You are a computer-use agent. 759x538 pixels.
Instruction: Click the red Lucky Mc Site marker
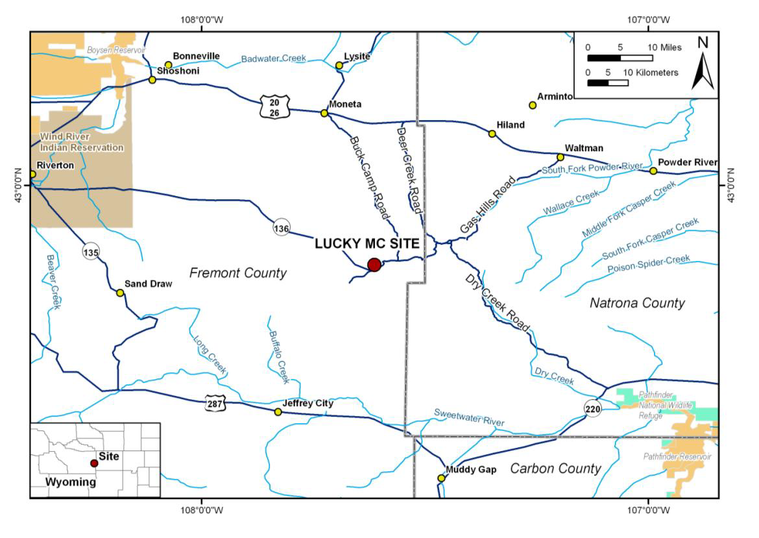click(374, 264)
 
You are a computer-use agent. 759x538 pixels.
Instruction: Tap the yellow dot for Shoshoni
click(152, 80)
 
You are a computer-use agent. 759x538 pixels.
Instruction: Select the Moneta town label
click(345, 104)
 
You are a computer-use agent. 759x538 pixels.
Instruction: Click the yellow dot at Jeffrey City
click(278, 412)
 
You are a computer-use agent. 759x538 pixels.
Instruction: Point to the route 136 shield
click(281, 228)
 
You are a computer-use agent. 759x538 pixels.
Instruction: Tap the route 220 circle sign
click(592, 408)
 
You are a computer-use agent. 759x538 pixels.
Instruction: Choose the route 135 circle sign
click(91, 251)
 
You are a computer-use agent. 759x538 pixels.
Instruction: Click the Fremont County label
click(237, 273)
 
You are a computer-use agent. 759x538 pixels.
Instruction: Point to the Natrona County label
click(637, 303)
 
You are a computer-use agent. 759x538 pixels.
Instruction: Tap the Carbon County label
click(555, 469)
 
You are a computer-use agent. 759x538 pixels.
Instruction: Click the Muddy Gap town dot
click(441, 478)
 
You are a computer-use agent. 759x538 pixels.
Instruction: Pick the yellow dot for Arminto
click(533, 105)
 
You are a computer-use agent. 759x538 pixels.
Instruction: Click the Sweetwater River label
click(469, 417)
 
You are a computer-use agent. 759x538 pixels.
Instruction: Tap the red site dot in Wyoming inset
click(94, 463)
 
